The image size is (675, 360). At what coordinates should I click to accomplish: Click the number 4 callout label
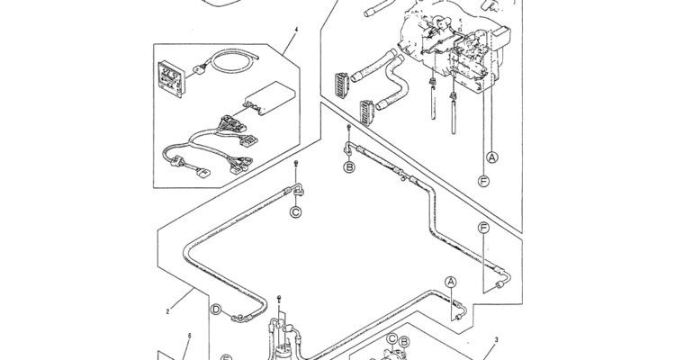[296, 30]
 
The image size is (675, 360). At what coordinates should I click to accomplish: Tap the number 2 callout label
[168, 311]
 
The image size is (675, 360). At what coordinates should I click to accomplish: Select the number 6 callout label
[189, 336]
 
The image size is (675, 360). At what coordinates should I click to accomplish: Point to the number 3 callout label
[496, 340]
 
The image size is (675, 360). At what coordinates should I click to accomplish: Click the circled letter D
[216, 310]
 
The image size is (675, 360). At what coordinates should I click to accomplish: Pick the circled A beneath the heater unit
[492, 157]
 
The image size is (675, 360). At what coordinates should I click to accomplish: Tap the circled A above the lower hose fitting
[451, 282]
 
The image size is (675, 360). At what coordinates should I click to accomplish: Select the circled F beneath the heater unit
[484, 182]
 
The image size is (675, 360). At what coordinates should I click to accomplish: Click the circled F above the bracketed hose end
[484, 228]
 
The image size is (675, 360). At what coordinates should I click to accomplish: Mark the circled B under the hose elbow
[349, 166]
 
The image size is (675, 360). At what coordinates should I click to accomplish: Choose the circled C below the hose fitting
[296, 212]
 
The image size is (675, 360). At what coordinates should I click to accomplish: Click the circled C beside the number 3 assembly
[391, 338]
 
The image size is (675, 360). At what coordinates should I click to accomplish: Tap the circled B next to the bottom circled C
[404, 342]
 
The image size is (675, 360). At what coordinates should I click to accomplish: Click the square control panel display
[171, 77]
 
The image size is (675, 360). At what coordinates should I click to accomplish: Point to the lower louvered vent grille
[367, 112]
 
